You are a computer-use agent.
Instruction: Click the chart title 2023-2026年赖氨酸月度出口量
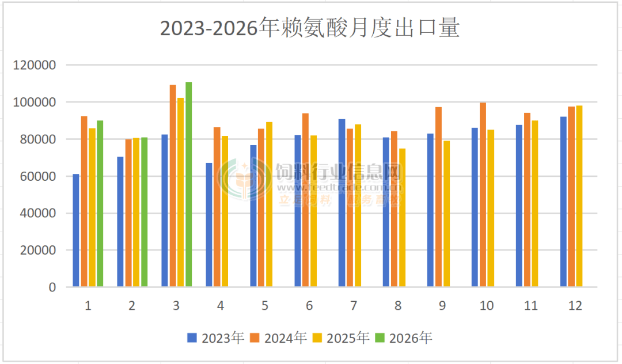(309, 28)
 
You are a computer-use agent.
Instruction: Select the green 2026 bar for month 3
(188, 184)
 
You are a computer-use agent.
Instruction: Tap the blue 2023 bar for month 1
(76, 230)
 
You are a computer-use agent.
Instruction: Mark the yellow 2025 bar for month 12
(579, 196)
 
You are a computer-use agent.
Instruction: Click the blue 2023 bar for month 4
(209, 225)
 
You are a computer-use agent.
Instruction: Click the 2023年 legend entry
(215, 338)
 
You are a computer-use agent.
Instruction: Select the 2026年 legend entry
(403, 338)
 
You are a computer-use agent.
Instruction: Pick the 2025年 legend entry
(341, 338)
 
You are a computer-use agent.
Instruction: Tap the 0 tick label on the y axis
(52, 287)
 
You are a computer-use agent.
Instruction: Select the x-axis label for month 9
(442, 306)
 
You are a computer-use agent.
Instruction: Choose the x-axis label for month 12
(575, 306)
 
